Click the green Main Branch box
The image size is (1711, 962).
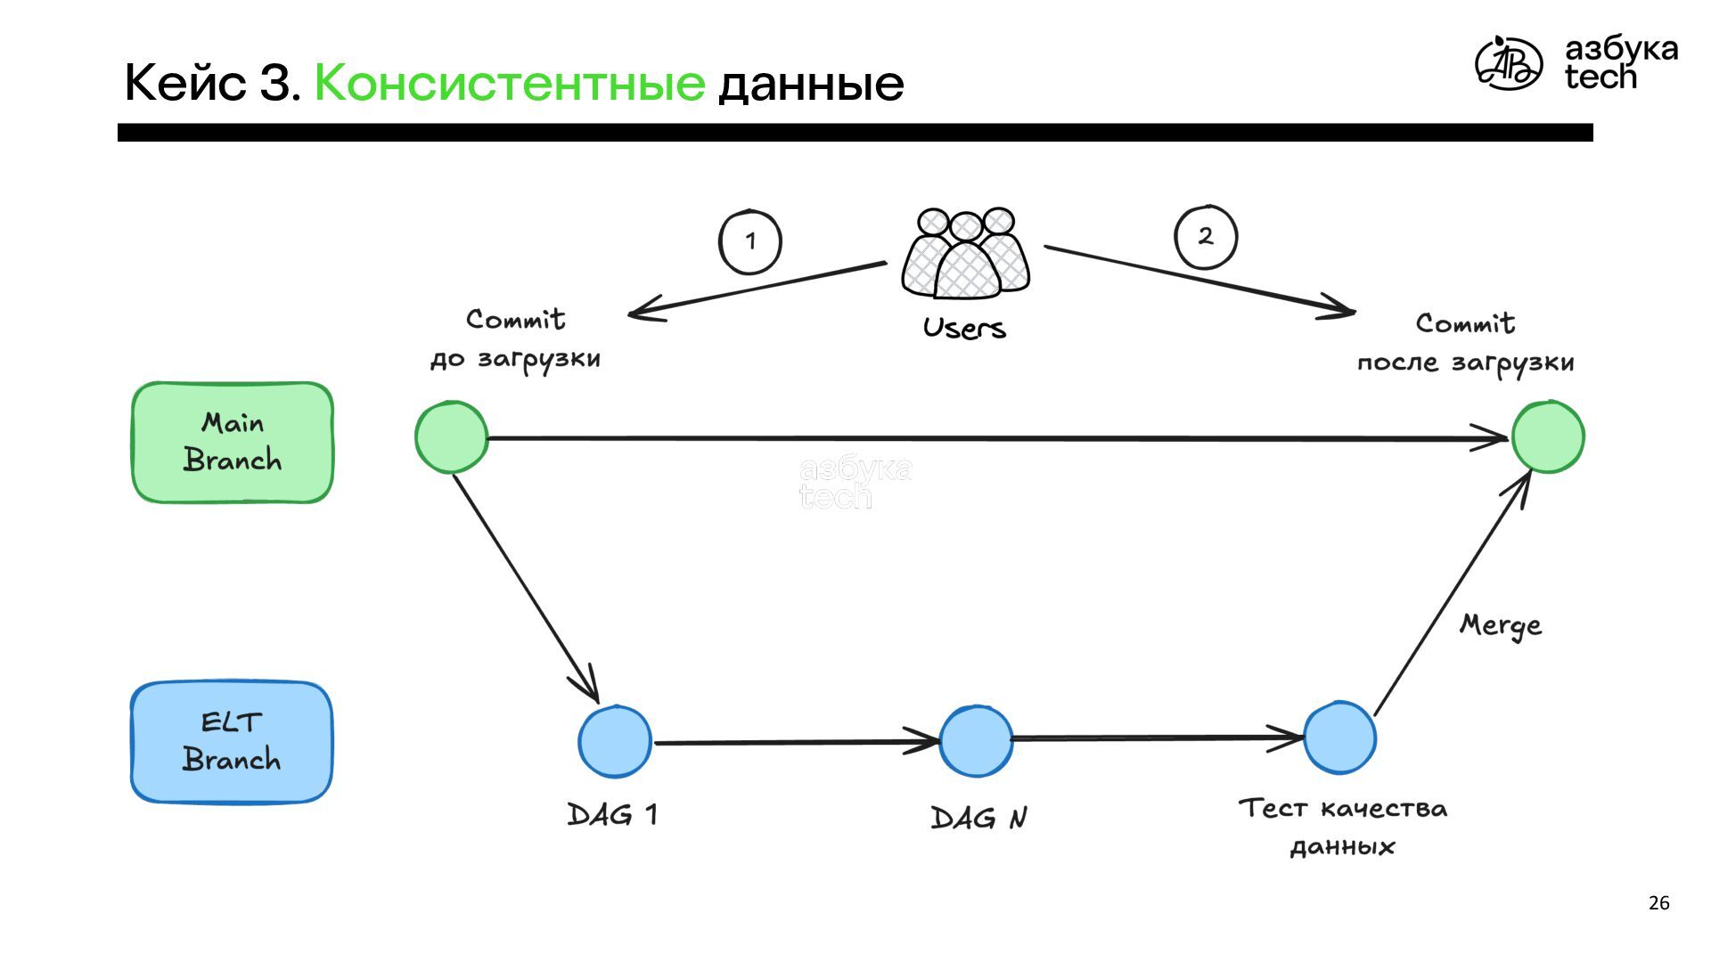coord(233,443)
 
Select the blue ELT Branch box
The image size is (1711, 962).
coord(232,742)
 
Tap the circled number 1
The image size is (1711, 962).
coord(750,241)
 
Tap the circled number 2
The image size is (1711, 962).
coord(1206,237)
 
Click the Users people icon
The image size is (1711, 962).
coord(965,255)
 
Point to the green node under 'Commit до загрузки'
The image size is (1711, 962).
coord(452,436)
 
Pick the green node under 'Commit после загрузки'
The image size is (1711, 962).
coord(1548,436)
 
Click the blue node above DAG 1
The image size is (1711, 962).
coord(615,741)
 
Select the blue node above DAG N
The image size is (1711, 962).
coord(976,740)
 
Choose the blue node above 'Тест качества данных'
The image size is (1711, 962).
coord(1339,738)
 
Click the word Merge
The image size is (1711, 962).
coord(1501,625)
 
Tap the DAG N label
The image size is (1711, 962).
coord(978,818)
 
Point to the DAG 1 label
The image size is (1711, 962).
coord(613,814)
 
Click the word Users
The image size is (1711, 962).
coord(964,329)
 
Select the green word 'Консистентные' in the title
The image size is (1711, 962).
coord(510,83)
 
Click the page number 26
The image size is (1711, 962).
coord(1658,903)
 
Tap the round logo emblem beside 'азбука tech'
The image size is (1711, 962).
coord(1508,63)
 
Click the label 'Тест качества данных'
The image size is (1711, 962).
coord(1342,827)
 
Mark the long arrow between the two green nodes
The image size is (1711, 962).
coord(980,438)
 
